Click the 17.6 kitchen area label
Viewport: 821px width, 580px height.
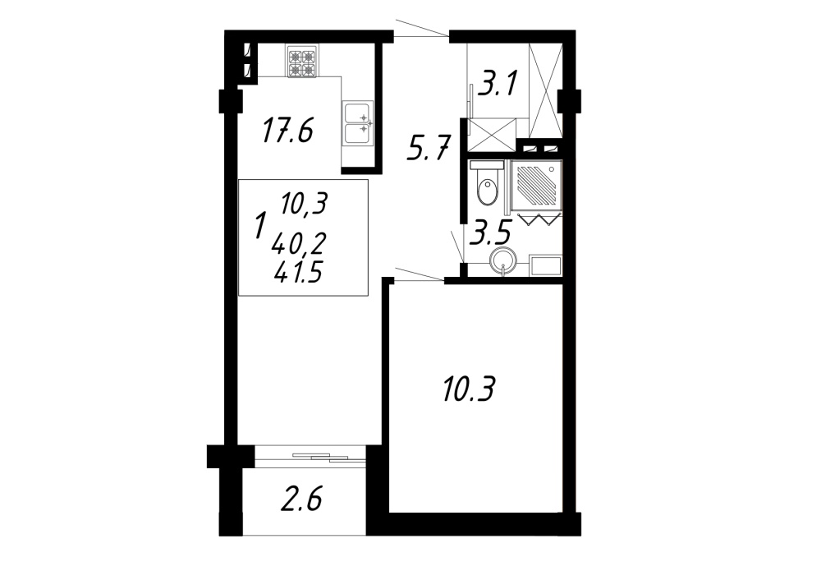[x=287, y=131]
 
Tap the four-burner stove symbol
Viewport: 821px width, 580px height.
[x=301, y=62]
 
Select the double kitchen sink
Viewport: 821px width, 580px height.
[x=358, y=124]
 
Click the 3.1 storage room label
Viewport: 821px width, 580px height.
[x=498, y=85]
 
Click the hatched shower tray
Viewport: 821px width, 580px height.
[x=534, y=183]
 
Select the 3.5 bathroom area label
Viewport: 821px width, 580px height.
[x=490, y=233]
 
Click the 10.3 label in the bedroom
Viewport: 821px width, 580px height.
[x=468, y=389]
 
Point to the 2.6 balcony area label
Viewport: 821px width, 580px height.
[x=301, y=499]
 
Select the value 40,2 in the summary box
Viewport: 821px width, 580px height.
[x=299, y=243]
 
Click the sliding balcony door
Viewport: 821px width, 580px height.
[x=310, y=457]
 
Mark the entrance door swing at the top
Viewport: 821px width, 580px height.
[x=422, y=28]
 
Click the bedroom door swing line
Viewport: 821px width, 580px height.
[x=420, y=275]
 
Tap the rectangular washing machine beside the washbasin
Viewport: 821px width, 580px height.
[x=546, y=265]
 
